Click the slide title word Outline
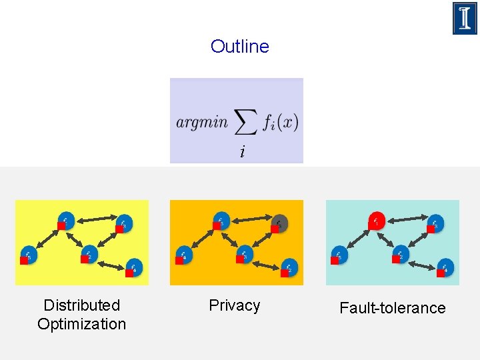pyautogui.click(x=239, y=47)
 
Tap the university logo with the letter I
pyautogui.click(x=465, y=18)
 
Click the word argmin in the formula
pyautogui.click(x=202, y=122)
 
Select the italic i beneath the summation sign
pyautogui.click(x=242, y=153)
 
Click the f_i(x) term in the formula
pyautogui.click(x=280, y=122)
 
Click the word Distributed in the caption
pyautogui.click(x=81, y=305)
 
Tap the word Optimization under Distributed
pyautogui.click(x=81, y=324)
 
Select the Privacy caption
pyautogui.click(x=234, y=305)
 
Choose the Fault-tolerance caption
pyautogui.click(x=392, y=308)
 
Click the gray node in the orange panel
pyautogui.click(x=280, y=222)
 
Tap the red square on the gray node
pyautogui.click(x=275, y=229)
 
